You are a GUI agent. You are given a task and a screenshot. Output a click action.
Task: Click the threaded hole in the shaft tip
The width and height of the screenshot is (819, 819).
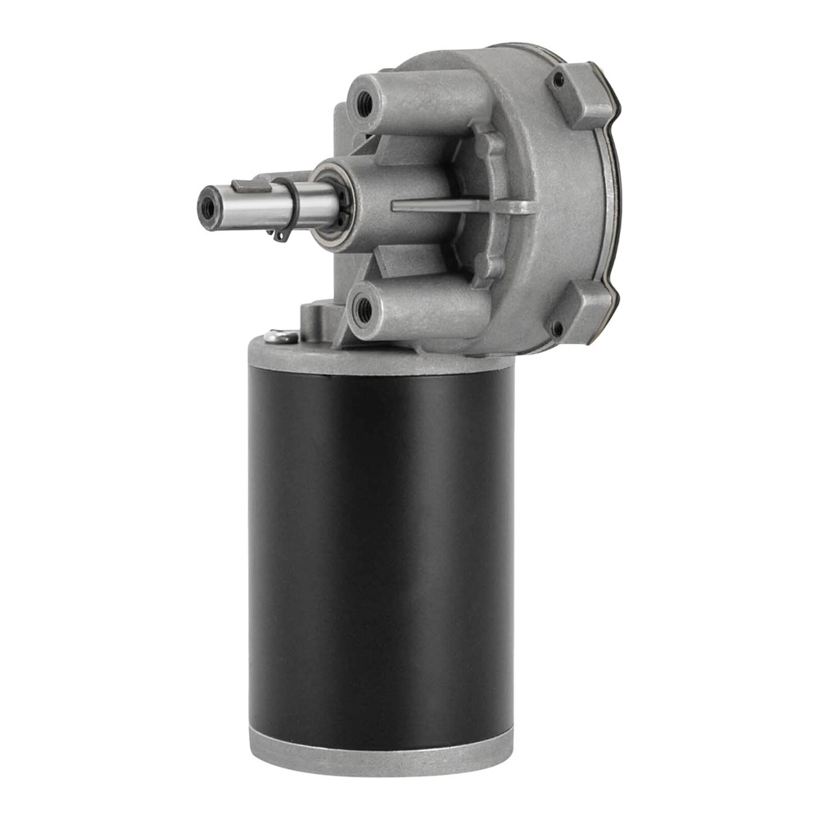click(x=210, y=209)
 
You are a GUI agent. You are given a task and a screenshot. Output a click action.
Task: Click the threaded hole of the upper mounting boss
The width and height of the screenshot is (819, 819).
click(x=363, y=103)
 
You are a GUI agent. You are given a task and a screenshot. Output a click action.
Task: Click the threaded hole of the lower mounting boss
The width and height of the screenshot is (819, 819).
click(x=363, y=311)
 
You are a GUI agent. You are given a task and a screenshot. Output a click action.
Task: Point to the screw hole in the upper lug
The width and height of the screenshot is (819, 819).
click(x=559, y=81)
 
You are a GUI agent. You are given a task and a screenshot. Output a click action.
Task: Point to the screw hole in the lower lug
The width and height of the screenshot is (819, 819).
click(x=557, y=328)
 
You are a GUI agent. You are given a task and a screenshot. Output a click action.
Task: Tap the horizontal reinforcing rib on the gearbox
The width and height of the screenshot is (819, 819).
click(x=459, y=206)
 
